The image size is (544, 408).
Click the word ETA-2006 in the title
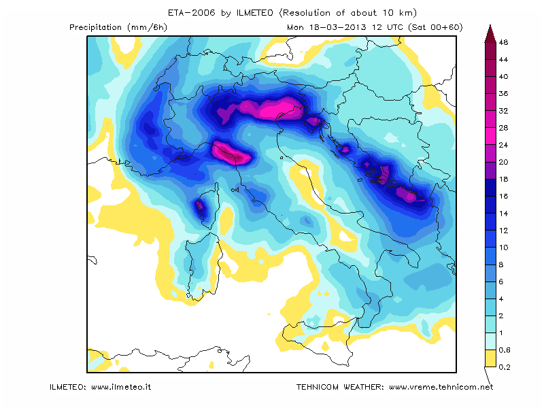191,13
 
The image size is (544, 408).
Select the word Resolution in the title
305,13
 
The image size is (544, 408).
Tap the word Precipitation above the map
95,27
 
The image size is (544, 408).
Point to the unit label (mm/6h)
147,27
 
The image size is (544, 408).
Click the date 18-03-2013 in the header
337,27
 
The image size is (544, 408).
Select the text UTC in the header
394,27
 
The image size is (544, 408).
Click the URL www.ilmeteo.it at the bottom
121,387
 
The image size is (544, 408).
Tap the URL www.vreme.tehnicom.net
441,387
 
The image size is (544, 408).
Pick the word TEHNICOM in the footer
318,387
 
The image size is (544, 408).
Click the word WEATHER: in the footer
364,387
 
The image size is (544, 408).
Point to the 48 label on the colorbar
503,42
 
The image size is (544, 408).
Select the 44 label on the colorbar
503,60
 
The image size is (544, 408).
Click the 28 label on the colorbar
503,128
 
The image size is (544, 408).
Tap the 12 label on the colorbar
503,231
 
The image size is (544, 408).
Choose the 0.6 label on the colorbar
505,350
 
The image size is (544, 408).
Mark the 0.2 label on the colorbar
505,367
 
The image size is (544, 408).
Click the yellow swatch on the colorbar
490,358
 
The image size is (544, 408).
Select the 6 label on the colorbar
501,282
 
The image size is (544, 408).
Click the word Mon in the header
295,27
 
